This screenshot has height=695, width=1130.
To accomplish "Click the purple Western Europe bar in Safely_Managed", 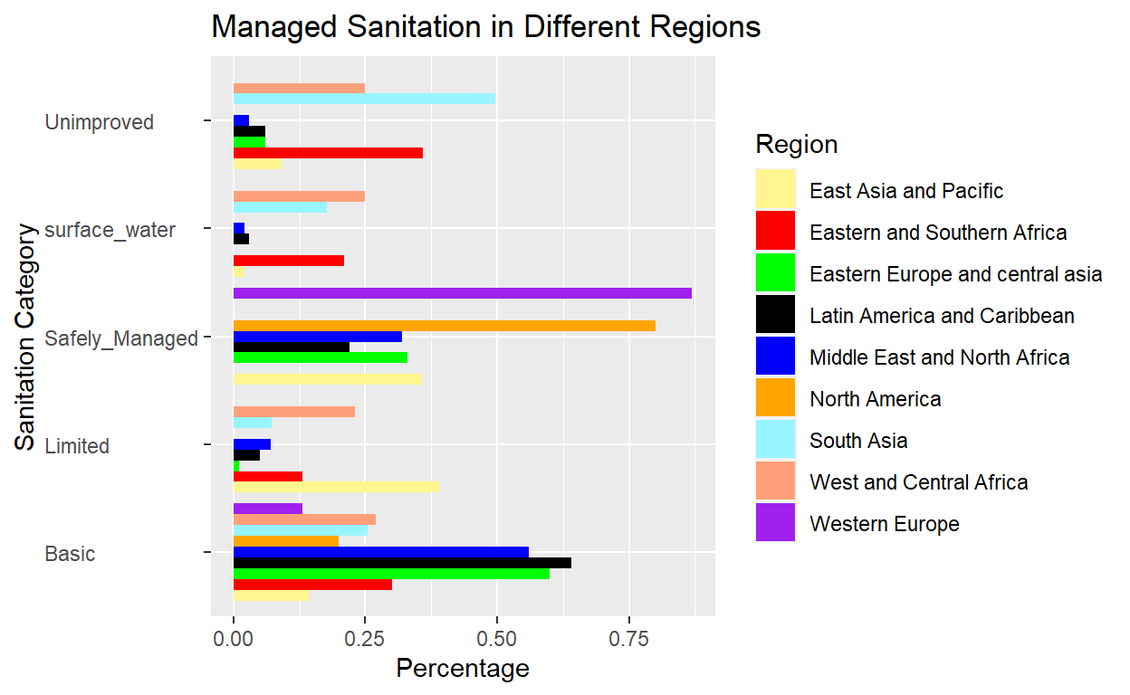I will pos(462,293).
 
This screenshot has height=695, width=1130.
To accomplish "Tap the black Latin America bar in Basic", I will pos(402,563).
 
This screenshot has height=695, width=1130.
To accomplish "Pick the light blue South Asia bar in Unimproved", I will pos(364,99).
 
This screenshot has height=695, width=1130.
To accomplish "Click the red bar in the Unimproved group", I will pos(328,153).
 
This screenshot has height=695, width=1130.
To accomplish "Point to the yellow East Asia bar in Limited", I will pos(336,486).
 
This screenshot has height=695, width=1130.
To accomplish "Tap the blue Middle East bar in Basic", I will pos(380,552).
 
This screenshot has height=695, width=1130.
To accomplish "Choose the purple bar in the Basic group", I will pos(267,509).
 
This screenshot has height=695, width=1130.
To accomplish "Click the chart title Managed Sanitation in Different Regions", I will pos(485,27).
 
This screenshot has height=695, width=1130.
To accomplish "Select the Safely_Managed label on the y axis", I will pos(121,338).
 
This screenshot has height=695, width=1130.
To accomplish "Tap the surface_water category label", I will pos(110,230).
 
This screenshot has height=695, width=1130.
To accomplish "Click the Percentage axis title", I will pos(463,670).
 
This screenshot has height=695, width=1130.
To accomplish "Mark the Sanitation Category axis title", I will pos(24,337).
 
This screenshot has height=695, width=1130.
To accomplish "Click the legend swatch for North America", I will pos(776,398).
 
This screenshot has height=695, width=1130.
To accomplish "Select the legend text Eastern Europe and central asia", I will pos(955,274).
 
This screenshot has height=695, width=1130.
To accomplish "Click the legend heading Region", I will pos(797,145).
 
